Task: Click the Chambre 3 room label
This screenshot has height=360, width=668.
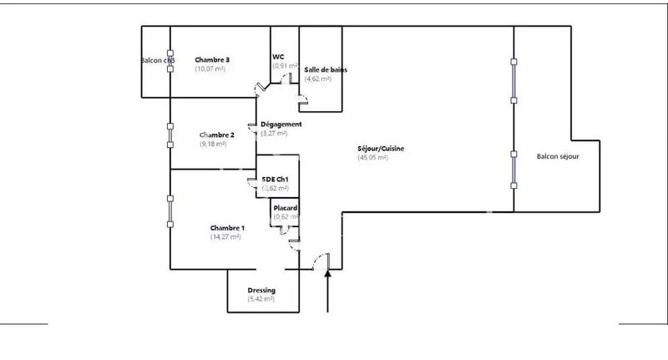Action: pos(213,60)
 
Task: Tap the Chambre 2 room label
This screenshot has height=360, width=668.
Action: pos(216,135)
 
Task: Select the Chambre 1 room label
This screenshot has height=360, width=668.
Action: pos(227,228)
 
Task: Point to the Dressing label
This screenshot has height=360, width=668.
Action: pos(261,291)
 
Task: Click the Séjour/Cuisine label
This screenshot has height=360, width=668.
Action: pos(381,149)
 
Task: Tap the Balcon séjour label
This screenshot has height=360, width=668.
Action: pos(558,156)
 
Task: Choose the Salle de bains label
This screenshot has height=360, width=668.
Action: pos(326,70)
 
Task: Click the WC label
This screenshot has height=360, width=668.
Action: pos(279,57)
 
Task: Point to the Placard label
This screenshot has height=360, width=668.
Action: pos(286,208)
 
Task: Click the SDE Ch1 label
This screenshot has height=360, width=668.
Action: pos(276,180)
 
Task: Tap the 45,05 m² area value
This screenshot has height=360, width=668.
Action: pos(372,158)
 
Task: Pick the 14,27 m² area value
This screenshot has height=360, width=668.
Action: pos(225,237)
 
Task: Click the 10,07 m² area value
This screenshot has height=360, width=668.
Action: pos(210,69)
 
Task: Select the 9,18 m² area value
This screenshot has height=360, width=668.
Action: pos(214,145)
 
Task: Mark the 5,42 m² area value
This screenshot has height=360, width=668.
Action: pos(261,300)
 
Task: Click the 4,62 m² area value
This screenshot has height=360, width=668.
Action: pos(318,79)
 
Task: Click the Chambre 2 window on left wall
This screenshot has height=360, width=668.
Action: pos(170,135)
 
